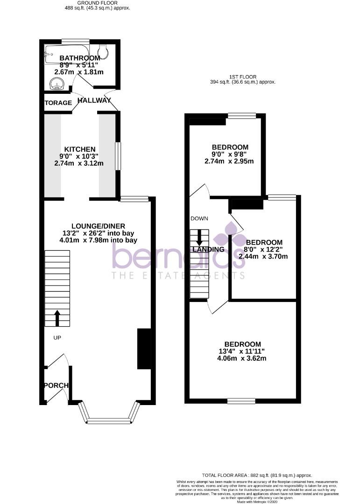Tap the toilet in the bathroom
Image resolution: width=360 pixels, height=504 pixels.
click(x=104, y=52)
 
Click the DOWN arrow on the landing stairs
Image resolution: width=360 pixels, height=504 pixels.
click(x=200, y=238)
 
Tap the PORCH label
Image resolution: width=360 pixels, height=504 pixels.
click(x=56, y=385)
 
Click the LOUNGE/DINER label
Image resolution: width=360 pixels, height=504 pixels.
click(x=98, y=226)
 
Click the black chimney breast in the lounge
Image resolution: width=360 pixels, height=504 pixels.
click(x=144, y=349)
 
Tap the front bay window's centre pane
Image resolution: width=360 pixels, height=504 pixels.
click(x=110, y=421)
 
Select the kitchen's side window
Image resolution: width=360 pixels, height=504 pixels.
click(x=119, y=156)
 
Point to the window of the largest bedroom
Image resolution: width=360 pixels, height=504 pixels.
click(x=241, y=400)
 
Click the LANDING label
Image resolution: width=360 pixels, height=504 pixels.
click(x=209, y=249)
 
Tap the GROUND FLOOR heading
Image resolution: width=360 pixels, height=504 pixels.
click(x=97, y=3)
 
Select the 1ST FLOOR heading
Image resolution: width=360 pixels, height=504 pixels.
click(x=243, y=77)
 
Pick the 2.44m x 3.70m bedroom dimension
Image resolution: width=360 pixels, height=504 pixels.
click(x=263, y=256)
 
